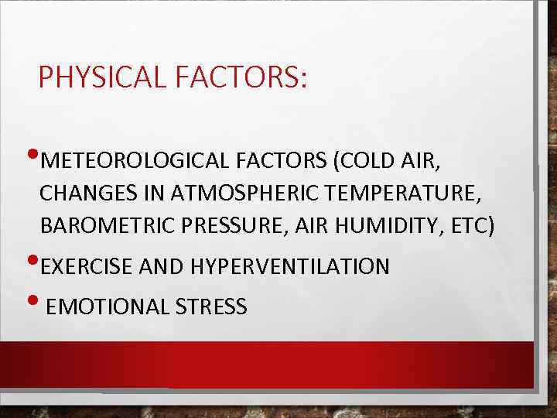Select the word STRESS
point(211,307)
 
